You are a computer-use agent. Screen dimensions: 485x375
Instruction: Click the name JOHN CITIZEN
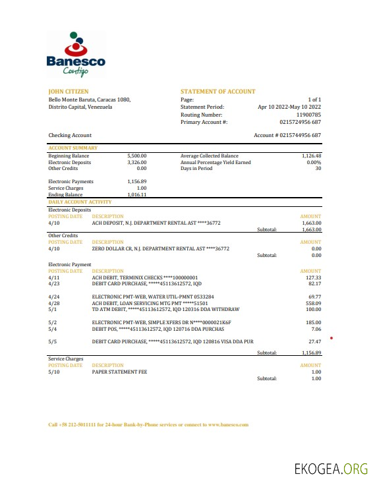coord(69,92)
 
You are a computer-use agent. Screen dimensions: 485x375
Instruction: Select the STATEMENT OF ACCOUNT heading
coord(217,92)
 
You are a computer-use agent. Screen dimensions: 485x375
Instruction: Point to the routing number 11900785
coord(308,115)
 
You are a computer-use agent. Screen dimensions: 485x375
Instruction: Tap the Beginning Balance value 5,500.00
coord(136,156)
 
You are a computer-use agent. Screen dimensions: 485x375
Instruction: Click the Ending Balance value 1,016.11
coord(136,195)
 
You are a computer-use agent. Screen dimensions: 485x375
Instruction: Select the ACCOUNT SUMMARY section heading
coord(73,148)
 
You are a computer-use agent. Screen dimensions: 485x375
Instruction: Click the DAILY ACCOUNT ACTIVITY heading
coord(80,202)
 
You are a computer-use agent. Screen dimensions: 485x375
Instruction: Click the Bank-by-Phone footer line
coord(148,425)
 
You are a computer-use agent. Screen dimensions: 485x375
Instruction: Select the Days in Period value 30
coord(318,169)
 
